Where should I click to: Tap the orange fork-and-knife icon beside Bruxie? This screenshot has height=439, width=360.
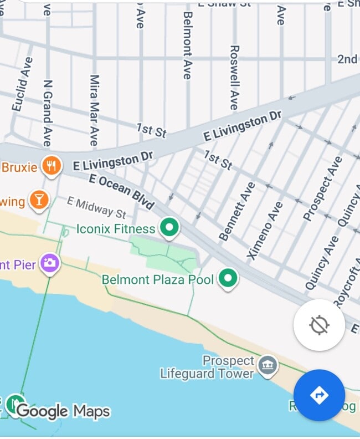tap(52, 166)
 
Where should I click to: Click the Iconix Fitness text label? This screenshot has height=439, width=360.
tap(116, 228)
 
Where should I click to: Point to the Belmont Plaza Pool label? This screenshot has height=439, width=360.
tap(158, 279)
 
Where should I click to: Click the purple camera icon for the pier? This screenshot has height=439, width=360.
tap(50, 263)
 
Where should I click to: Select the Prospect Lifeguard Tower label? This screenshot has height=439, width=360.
tap(207, 367)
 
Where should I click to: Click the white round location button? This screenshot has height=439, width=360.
tap(319, 325)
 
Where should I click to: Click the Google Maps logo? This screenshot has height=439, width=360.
tap(63, 411)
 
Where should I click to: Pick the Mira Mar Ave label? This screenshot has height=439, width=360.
tap(94, 111)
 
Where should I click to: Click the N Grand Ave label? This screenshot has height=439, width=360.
tap(48, 114)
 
